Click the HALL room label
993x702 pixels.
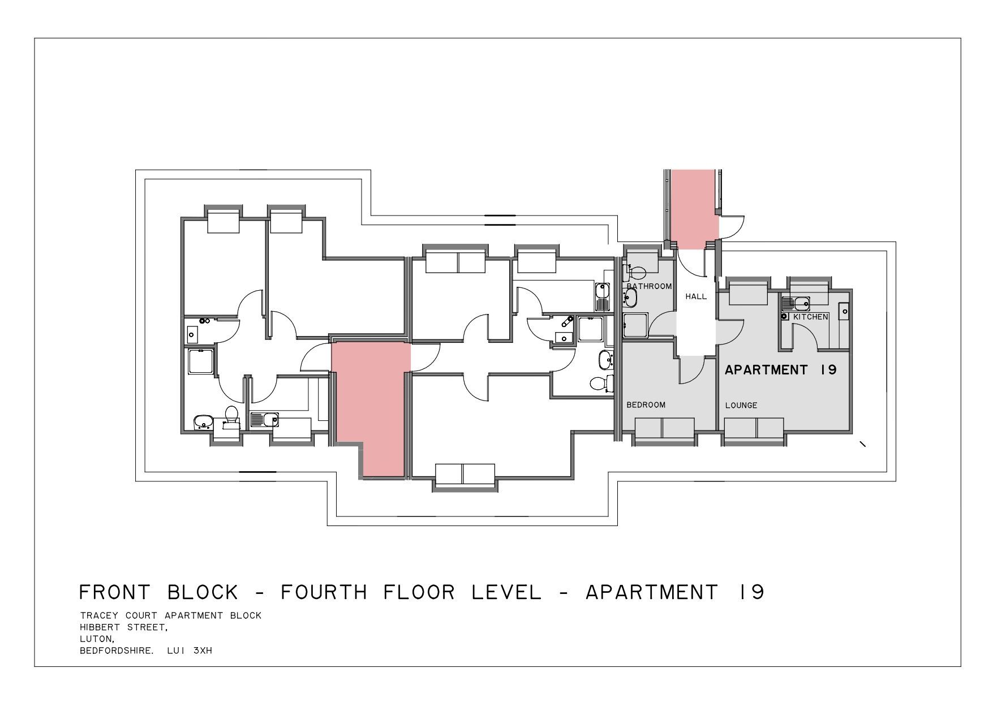click(696, 296)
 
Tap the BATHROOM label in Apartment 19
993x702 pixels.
click(649, 286)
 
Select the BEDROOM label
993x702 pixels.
click(646, 405)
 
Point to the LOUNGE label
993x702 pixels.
click(741, 406)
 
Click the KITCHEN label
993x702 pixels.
click(811, 317)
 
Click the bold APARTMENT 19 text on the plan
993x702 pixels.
click(781, 370)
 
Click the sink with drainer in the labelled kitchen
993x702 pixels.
click(796, 304)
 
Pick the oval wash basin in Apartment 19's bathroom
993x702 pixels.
click(630, 298)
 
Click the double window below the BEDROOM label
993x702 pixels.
click(664, 428)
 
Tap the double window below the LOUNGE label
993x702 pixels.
click(754, 428)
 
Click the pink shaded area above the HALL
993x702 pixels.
click(695, 209)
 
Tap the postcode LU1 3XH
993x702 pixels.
click(190, 651)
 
